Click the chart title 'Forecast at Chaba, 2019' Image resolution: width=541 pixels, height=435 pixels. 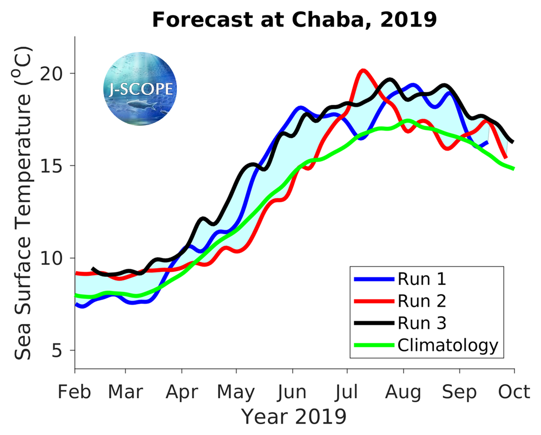tap(294, 20)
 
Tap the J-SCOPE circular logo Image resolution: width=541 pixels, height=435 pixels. tap(140, 88)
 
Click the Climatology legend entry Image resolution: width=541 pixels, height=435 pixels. tap(447, 345)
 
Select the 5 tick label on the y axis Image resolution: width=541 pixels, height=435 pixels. tap(64, 350)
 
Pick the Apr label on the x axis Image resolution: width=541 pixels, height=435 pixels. tap(182, 391)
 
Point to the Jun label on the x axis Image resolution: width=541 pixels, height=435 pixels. tap(292, 391)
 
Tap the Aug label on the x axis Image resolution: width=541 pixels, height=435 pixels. tap(403, 391)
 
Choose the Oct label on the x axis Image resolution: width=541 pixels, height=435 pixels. tap(513, 391)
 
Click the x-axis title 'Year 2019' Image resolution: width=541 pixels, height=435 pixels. tap(294, 417)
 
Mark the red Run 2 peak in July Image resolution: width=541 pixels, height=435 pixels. tap(363, 70)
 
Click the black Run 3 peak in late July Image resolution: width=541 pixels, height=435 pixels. tap(389, 80)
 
